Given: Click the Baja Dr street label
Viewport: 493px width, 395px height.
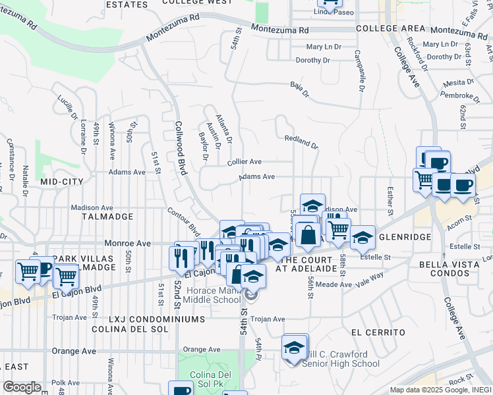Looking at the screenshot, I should pos(299,90).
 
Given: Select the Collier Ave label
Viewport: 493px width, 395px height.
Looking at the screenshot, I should pos(244,162).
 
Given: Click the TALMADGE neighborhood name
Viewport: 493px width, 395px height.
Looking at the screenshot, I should pos(107,216).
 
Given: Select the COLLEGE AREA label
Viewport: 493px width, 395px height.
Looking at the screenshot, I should pos(386,29).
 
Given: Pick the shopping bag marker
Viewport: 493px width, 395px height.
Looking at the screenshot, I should pos(308,233).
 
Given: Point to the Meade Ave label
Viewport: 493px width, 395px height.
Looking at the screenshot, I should pos(333,284).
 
